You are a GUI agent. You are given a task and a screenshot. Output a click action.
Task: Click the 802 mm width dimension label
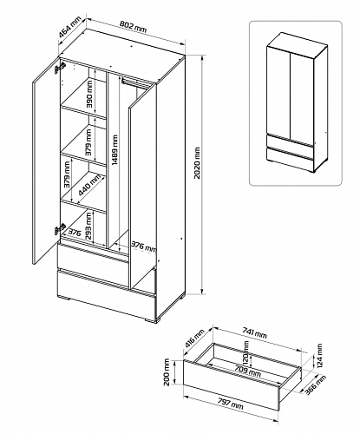click(x=133, y=27)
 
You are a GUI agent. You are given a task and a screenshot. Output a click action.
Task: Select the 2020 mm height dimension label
click(x=197, y=163)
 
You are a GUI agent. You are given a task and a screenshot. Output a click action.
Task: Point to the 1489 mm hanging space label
click(x=115, y=150)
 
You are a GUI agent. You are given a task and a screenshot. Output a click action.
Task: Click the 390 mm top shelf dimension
click(x=89, y=94)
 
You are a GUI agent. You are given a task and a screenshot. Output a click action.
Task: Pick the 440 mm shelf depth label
click(x=89, y=184)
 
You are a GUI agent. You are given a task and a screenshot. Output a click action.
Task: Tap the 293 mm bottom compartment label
click(x=89, y=226)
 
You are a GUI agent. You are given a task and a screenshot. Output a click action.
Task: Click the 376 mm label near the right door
click(x=144, y=246)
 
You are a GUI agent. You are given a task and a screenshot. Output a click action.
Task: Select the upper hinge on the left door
click(x=60, y=68)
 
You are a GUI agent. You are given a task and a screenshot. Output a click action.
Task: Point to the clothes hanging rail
click(x=134, y=82)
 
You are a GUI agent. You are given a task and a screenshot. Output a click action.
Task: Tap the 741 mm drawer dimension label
click(x=254, y=334)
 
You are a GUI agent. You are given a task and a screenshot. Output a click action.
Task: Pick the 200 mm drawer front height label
click(x=167, y=372)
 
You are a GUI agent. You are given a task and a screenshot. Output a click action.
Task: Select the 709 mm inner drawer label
click(x=248, y=372)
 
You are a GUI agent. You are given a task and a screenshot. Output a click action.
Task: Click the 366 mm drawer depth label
click(x=316, y=385)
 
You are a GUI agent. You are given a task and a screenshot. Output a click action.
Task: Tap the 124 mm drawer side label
click(x=319, y=355)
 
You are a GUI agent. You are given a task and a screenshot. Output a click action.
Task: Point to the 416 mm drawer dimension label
click(x=194, y=338)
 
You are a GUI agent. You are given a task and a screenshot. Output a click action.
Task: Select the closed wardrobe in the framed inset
click(x=298, y=103)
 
